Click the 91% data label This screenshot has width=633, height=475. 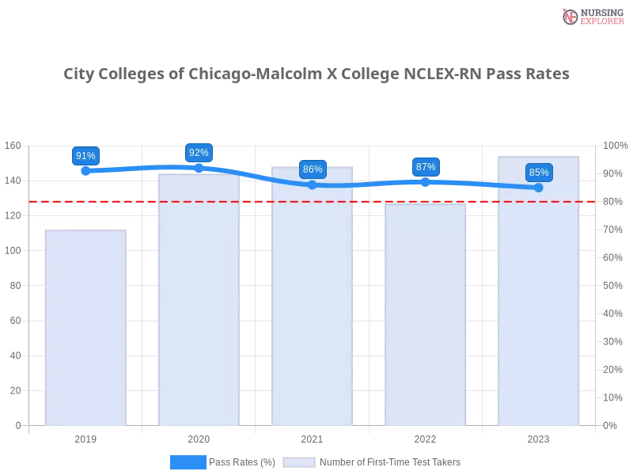[85, 156]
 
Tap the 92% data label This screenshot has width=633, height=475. [199, 153]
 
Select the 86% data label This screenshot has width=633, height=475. [313, 169]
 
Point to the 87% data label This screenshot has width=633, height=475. [426, 167]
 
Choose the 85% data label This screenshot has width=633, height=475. [539, 173]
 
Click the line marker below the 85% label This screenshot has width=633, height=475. [539, 188]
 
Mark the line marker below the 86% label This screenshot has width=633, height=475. [312, 184]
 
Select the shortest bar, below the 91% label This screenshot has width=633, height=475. [85, 329]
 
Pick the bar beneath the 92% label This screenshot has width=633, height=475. [199, 301]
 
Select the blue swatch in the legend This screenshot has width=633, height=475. [188, 462]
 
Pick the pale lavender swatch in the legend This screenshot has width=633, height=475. [299, 462]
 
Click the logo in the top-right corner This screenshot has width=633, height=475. [591, 17]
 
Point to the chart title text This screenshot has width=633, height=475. [316, 74]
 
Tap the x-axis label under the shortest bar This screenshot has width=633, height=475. [85, 438]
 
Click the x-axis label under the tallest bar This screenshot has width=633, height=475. [538, 438]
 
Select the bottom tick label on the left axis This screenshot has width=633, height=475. [17, 425]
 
